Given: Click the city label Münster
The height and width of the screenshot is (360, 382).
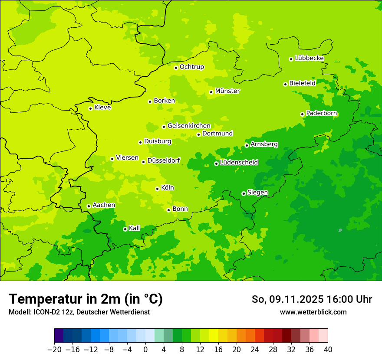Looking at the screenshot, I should [x=227, y=91].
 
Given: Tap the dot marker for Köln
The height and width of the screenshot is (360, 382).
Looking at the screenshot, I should [x=157, y=189].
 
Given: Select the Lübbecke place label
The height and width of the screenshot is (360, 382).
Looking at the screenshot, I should [x=309, y=58].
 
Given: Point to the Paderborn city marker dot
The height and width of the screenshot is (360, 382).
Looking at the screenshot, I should [x=302, y=114].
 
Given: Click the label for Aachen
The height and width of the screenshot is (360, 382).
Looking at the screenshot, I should [x=104, y=205].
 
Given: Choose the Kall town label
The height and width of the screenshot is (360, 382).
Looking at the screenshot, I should [x=135, y=228].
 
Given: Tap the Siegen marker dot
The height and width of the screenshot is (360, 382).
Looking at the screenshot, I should [x=244, y=193].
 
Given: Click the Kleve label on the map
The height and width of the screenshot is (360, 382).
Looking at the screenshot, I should [x=102, y=108].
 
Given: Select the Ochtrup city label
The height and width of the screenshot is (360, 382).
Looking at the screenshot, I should [x=191, y=67].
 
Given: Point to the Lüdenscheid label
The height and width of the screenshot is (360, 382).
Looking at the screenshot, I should [x=239, y=163].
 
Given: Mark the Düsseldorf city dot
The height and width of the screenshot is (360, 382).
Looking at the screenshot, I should [x=143, y=162].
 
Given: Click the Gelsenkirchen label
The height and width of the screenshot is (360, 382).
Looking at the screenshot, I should [x=189, y=126].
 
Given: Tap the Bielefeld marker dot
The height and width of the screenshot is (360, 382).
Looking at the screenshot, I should [x=285, y=84].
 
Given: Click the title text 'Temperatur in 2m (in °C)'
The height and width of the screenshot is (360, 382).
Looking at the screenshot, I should [x=86, y=299].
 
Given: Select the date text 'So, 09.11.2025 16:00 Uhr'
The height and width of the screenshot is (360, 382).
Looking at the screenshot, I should [x=312, y=299].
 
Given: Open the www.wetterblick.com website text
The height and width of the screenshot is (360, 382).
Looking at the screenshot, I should [x=313, y=312].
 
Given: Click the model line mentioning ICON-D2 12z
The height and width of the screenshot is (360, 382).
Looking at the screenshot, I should [x=79, y=312].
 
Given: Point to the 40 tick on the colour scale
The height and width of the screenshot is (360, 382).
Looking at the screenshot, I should [x=328, y=350].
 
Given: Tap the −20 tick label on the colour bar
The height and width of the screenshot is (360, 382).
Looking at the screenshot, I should [x=54, y=350].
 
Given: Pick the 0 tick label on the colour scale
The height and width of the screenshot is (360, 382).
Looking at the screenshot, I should [x=145, y=350].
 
